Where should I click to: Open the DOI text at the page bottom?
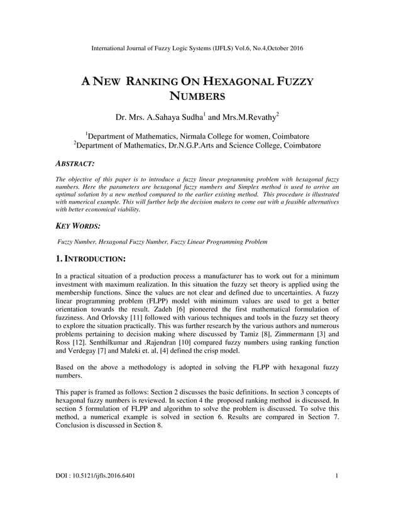tap(95, 476)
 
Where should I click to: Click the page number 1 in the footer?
tap(337, 476)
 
